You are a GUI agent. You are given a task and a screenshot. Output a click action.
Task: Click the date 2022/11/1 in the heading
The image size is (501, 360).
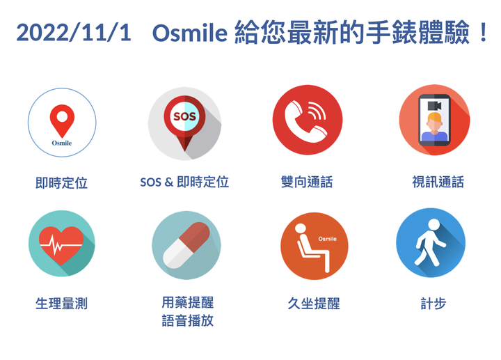click(x=74, y=33)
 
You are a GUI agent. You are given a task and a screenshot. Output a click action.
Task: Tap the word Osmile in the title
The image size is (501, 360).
click(x=190, y=33)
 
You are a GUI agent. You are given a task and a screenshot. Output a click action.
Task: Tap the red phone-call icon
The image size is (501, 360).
click(x=308, y=120)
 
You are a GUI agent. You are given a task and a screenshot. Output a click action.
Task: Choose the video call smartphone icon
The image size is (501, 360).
click(x=434, y=120)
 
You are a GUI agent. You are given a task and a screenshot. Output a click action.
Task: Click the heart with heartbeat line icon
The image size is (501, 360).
click(x=62, y=243)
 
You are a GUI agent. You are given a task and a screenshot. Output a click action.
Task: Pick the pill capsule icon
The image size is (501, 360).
click(x=186, y=245)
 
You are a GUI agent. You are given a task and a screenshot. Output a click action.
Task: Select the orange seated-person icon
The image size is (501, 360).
click(x=314, y=246)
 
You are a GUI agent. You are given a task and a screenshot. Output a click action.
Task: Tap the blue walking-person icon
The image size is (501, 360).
click(x=431, y=243)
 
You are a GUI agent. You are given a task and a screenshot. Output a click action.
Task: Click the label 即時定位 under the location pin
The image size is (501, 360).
click(x=61, y=183)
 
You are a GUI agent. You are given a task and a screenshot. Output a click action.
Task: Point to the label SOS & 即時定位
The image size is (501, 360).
click(x=184, y=182)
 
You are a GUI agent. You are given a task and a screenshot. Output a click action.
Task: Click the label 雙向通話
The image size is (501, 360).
click(x=307, y=182)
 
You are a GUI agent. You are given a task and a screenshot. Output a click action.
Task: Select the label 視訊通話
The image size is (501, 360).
click(x=438, y=182)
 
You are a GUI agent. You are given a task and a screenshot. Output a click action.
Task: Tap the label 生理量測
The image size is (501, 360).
click(x=61, y=304)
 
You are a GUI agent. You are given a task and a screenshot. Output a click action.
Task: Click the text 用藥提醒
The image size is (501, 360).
click(x=188, y=302)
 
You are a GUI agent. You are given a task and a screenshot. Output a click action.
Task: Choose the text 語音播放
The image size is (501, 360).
click(x=188, y=321)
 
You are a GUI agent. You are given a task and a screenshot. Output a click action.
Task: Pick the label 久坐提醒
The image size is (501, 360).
click(x=314, y=304)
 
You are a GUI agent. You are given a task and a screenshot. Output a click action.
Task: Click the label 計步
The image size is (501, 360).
click(x=434, y=304)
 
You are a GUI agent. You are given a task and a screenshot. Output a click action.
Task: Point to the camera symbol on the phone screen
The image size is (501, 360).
click(x=434, y=106)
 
